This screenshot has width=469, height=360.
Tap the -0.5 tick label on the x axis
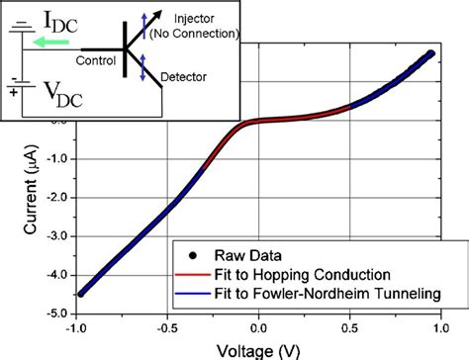coord(166,325)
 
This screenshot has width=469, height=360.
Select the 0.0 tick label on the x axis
coord(258,325)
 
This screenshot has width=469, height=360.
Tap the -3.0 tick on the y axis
coord(50,235)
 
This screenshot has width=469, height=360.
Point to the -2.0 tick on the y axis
coord(50,197)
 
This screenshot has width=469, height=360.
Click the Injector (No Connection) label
coord(206,27)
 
